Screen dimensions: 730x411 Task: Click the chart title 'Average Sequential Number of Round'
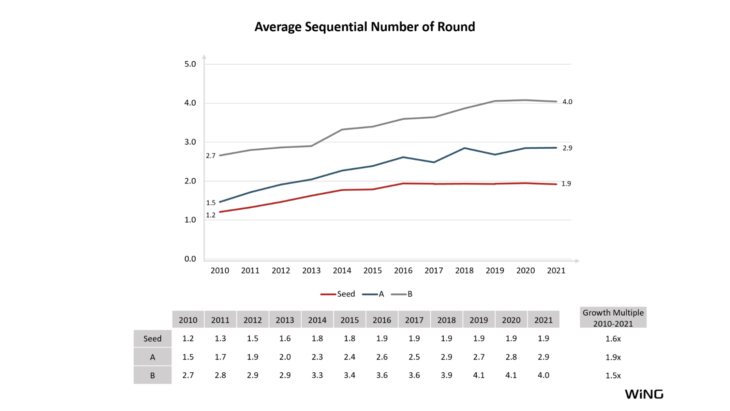click(x=364, y=27)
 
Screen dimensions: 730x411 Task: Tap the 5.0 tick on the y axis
click(x=190, y=64)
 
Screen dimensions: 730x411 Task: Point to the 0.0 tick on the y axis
click(x=190, y=259)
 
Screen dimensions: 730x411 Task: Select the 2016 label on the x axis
click(x=403, y=271)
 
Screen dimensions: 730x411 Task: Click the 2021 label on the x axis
click(x=556, y=271)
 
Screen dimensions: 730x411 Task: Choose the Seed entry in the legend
click(x=338, y=294)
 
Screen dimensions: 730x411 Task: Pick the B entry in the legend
click(x=402, y=294)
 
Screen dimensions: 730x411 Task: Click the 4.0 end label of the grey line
click(x=567, y=102)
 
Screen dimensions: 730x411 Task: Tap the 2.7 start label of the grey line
click(x=211, y=156)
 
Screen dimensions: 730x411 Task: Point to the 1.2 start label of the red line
click(x=211, y=215)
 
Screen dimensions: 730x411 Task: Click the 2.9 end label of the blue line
click(x=567, y=148)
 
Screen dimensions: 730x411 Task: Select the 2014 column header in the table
click(x=317, y=320)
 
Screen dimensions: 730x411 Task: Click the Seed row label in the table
click(x=152, y=339)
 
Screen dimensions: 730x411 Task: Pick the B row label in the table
click(x=152, y=376)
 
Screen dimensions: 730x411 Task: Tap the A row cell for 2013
click(x=285, y=357)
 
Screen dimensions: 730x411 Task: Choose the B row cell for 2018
click(x=447, y=375)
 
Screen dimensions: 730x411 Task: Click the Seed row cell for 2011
click(x=220, y=339)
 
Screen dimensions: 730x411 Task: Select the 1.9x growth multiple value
click(x=613, y=357)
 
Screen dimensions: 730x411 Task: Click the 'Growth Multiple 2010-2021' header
click(x=613, y=318)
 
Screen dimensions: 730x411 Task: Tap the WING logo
click(x=644, y=394)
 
